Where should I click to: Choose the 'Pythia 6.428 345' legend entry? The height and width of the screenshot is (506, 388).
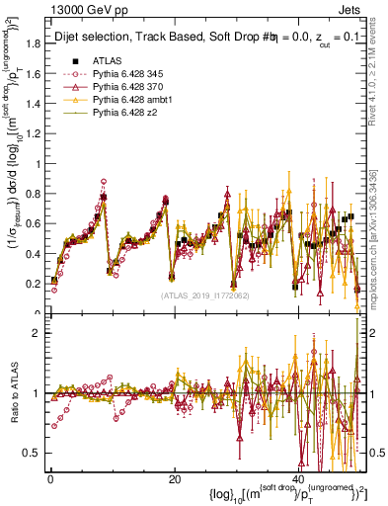point(129,74)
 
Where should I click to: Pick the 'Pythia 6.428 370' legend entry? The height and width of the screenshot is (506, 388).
point(129,88)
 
